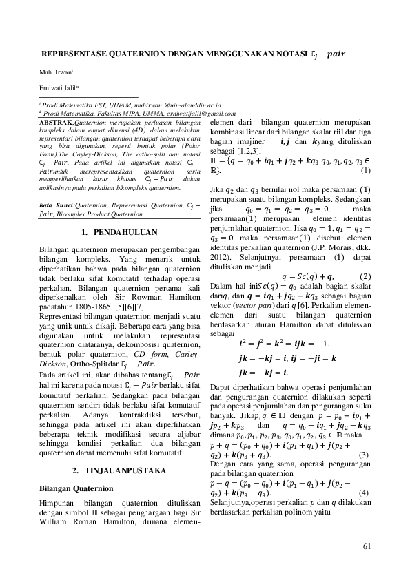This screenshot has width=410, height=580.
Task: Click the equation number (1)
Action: (365, 170)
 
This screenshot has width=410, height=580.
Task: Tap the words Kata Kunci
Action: (55, 205)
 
